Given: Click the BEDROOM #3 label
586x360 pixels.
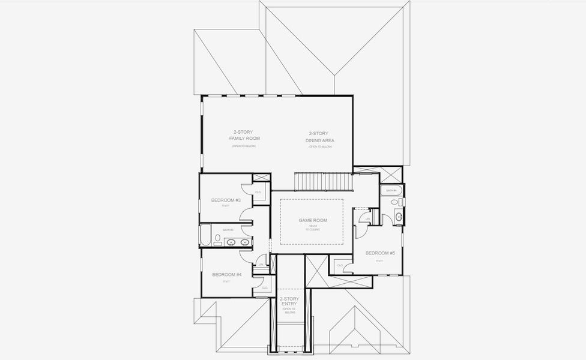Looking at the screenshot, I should coord(226,200).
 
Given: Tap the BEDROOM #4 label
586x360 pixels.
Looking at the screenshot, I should coord(226,275).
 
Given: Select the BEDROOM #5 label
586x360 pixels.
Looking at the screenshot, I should coord(379,253).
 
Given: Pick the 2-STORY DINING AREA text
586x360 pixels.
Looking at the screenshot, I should coord(321,137).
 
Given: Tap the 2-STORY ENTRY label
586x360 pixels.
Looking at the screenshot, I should coord(289,302).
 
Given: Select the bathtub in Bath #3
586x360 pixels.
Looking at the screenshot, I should coord(205,235).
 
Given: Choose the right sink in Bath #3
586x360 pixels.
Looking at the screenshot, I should coord(244,242).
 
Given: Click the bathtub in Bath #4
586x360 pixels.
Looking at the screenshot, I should coord(391,191).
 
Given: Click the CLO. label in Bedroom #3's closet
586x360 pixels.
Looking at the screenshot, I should coord(258,192).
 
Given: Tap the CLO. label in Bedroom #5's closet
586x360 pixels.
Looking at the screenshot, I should coord(340,265).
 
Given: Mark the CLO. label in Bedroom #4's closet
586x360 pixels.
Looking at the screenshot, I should coord(265,287).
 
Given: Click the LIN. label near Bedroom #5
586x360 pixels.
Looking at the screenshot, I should coord(367,219).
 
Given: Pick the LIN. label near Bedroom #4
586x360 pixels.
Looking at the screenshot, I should coord(261,264).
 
